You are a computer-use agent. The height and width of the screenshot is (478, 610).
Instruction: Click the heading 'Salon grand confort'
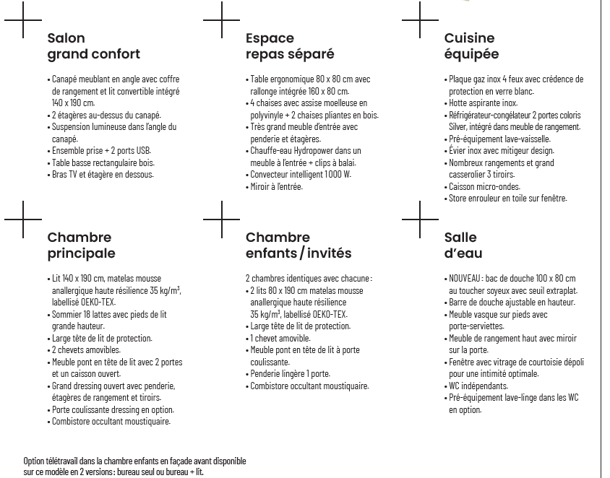tap(93, 46)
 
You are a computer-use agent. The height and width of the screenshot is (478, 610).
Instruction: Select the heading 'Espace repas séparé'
tap(290, 46)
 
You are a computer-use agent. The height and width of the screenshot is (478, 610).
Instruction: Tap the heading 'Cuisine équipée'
tap(471, 46)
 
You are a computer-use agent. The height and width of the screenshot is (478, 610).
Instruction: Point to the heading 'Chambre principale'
tap(81, 245)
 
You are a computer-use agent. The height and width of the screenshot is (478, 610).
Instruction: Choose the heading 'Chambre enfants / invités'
tap(298, 245)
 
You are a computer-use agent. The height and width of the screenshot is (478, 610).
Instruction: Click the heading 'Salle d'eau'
tap(463, 245)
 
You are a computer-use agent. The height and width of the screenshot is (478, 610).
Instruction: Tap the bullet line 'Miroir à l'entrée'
tap(277, 187)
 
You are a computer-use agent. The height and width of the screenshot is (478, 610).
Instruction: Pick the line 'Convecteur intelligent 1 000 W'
tap(301, 175)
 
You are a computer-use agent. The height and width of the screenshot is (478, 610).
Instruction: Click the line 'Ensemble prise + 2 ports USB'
tap(102, 151)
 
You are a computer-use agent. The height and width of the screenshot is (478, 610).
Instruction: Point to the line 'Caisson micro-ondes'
tap(484, 186)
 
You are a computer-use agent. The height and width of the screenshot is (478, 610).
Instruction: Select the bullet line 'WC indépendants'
tap(478, 386)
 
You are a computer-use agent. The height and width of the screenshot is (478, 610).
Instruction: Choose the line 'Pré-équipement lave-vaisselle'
tap(500, 139)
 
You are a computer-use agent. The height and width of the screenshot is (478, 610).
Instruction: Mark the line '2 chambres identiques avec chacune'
tap(309, 279)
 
